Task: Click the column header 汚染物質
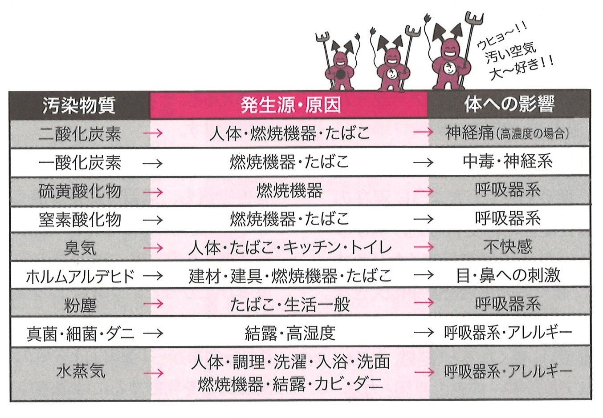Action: click(x=79, y=105)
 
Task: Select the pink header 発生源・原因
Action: click(x=291, y=105)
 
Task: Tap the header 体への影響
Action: click(x=509, y=104)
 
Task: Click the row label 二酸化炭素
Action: click(x=80, y=133)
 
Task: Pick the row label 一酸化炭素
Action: click(x=80, y=162)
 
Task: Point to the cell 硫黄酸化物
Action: click(x=80, y=191)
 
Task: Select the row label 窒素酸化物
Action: click(x=80, y=220)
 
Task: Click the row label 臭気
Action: click(x=80, y=248)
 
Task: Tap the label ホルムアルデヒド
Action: click(x=80, y=276)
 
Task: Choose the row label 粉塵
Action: click(x=80, y=305)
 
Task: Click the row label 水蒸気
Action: click(x=81, y=371)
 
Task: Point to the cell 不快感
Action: click(x=508, y=246)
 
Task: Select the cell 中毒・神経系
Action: click(x=508, y=161)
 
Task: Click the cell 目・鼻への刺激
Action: click(x=509, y=275)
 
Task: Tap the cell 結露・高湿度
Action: click(x=290, y=333)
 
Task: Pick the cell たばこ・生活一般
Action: click(x=290, y=305)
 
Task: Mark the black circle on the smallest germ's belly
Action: click(x=341, y=74)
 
